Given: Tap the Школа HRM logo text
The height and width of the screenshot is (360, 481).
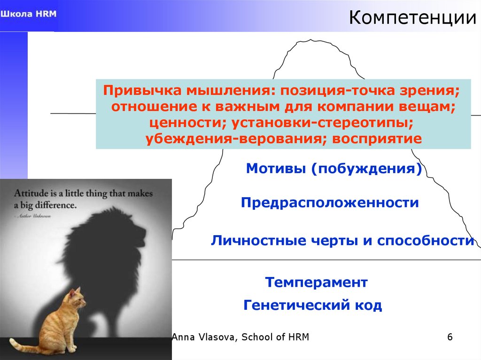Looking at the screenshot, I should (x=28, y=14).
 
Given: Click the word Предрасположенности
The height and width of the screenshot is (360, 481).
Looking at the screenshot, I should (x=330, y=203).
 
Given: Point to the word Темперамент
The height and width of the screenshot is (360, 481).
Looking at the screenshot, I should (x=316, y=283).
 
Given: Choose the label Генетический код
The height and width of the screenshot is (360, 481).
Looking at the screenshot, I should (x=313, y=306).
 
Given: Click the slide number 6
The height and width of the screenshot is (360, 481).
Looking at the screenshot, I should (x=450, y=337).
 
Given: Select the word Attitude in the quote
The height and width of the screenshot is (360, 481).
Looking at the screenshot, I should (x=28, y=193).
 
